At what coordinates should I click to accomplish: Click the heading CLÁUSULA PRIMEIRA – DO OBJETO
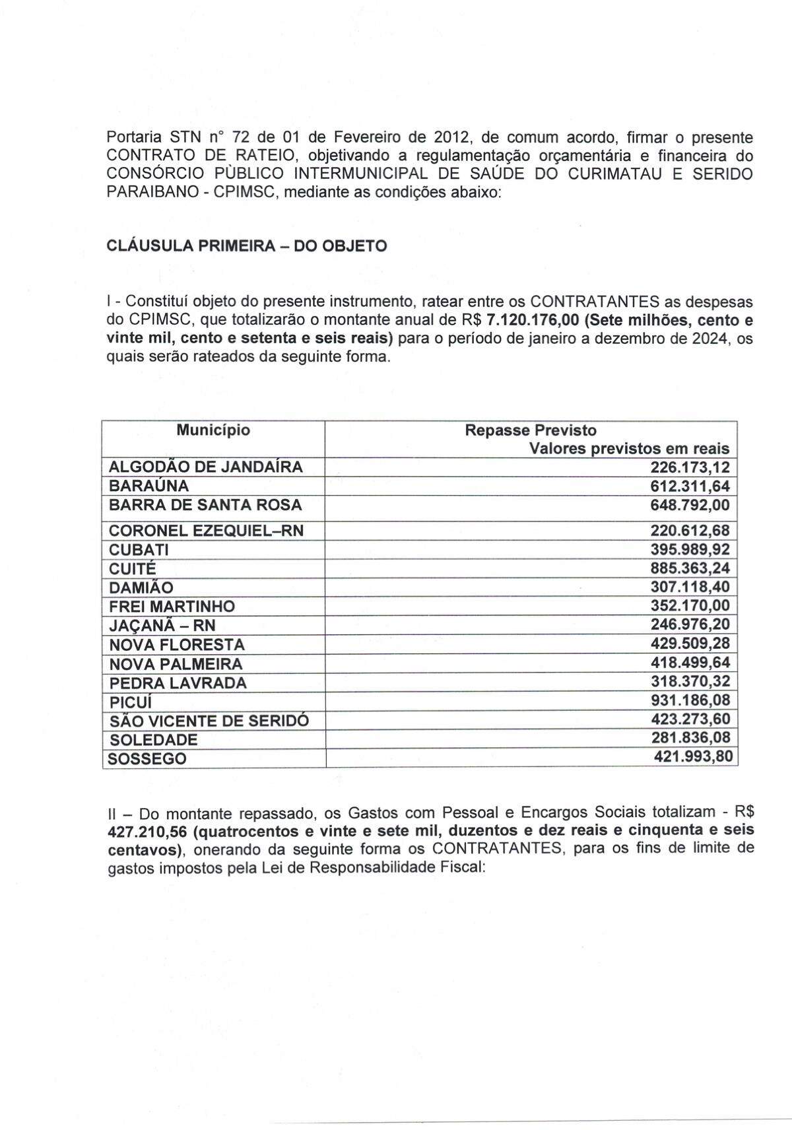click(247, 246)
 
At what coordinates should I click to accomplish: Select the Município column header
click(213, 430)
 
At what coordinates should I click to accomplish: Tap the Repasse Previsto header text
click(531, 430)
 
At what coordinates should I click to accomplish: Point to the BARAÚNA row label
click(148, 486)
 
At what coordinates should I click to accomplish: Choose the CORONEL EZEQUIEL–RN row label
click(206, 530)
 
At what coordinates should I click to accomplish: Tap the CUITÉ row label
click(132, 568)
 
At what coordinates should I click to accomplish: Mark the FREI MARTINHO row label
click(172, 606)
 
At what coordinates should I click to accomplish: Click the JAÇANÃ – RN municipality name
click(162, 625)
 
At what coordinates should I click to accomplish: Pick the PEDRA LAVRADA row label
click(178, 682)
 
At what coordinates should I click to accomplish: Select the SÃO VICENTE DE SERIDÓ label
click(208, 720)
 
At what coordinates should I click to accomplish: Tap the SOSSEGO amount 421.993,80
click(693, 756)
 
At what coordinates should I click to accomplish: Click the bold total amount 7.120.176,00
click(532, 321)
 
